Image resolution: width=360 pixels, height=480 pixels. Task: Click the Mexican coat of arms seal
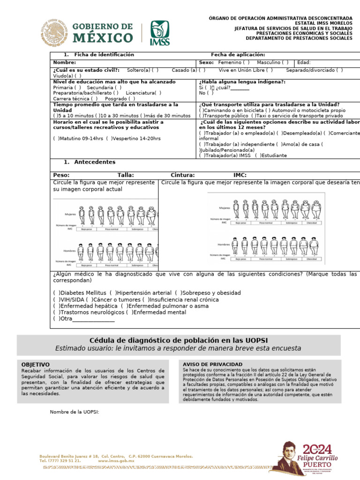tap(54, 33)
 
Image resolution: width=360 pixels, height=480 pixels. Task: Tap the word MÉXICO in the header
tap(102, 37)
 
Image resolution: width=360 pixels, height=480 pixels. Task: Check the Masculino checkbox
tap(286, 62)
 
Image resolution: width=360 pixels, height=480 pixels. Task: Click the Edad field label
tap(304, 62)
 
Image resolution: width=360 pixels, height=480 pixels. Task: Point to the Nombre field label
tap(64, 62)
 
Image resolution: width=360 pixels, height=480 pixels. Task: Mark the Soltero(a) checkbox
tap(155, 70)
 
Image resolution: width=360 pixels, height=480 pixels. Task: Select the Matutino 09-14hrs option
tap(56, 139)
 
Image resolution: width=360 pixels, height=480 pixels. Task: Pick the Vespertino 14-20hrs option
tap(109, 139)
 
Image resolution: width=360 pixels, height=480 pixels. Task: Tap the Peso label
tap(61, 175)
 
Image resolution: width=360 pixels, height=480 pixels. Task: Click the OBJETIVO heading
tap(36, 364)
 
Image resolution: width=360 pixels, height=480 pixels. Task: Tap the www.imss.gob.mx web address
tap(116, 461)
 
